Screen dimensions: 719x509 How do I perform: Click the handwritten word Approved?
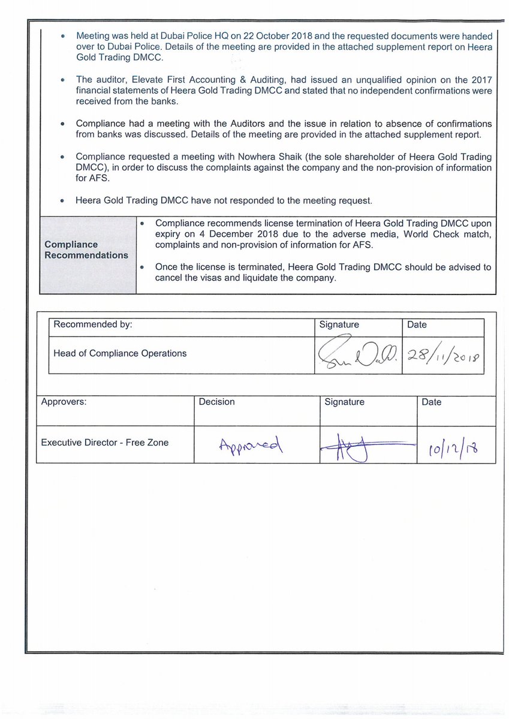tap(251, 444)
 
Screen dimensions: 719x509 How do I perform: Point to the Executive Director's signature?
tap(367, 447)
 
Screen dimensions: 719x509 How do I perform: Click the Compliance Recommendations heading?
tap(86, 250)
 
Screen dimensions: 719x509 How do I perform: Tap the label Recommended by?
tap(92, 324)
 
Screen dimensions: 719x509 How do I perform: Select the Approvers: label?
tap(64, 402)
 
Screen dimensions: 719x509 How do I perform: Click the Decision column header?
tap(217, 402)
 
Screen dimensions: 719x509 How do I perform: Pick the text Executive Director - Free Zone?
tap(105, 443)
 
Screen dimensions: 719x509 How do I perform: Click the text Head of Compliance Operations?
tap(120, 353)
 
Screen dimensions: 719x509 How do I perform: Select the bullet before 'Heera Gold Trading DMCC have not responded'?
tap(63, 200)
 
